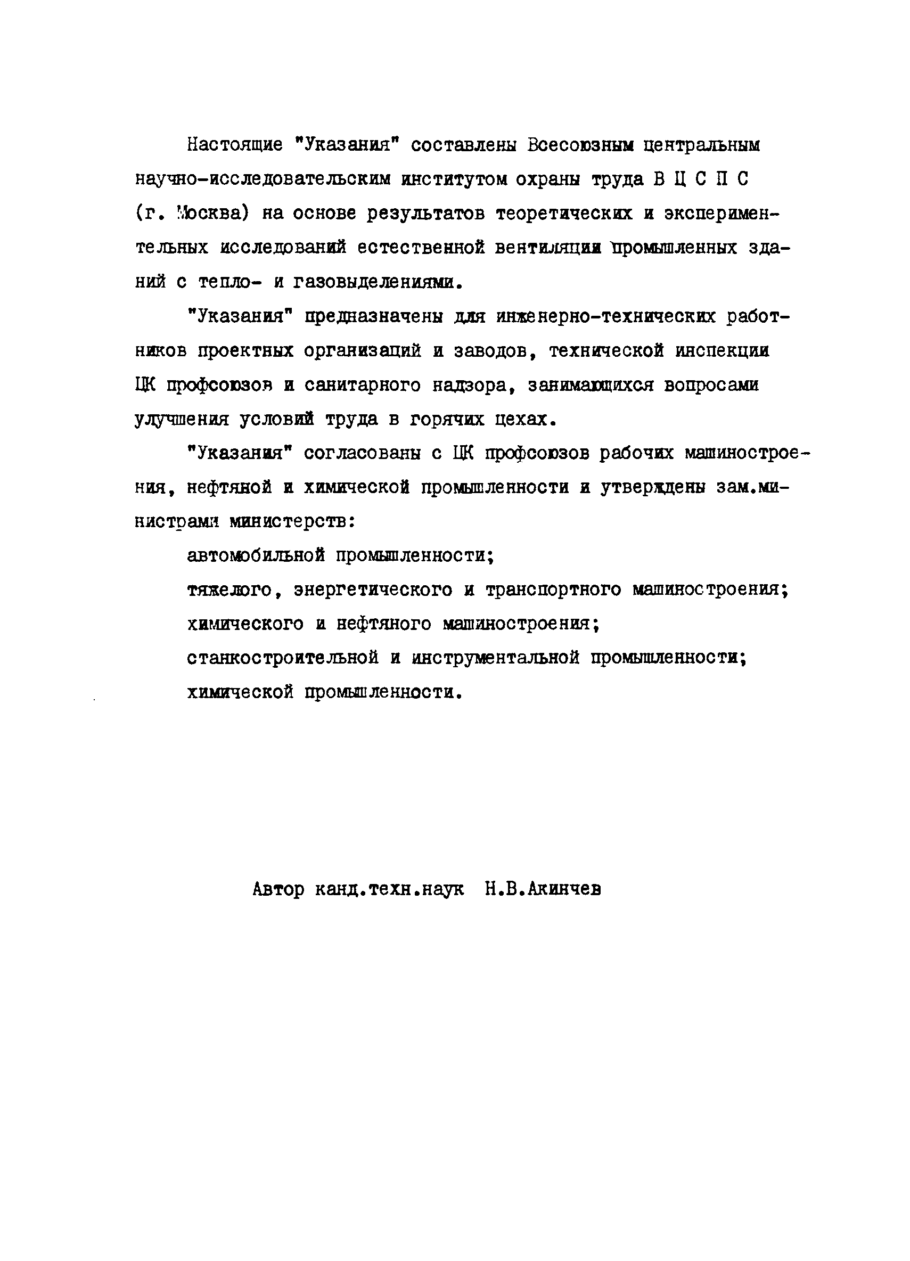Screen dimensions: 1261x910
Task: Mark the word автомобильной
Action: tap(256, 555)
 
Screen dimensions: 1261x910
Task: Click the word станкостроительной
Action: tap(282, 658)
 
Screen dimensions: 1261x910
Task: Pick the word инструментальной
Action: tap(495, 658)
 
